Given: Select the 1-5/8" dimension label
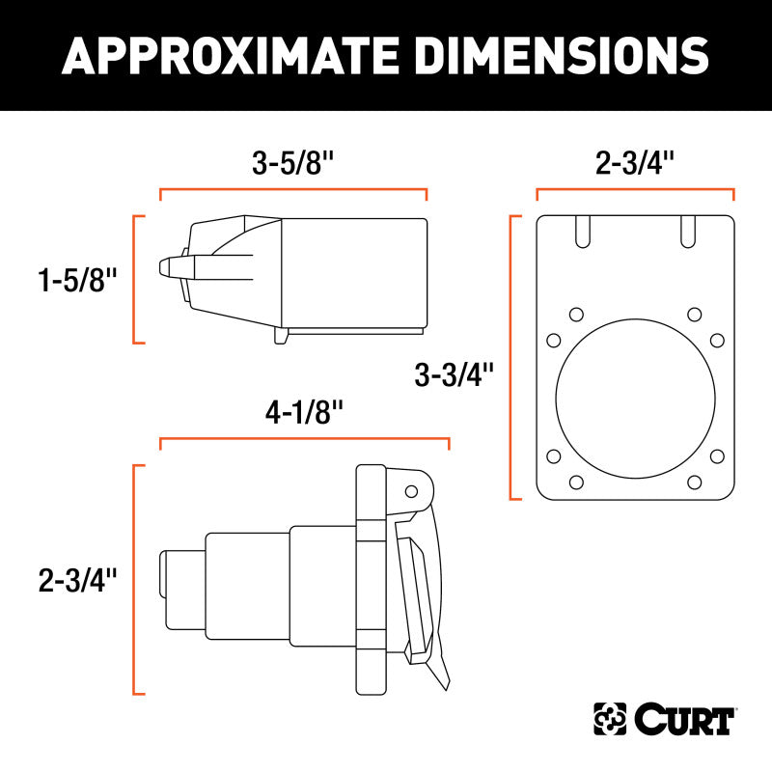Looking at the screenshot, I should click(77, 281).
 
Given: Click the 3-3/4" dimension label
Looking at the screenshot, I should click(454, 372).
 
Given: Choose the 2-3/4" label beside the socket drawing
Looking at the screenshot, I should click(77, 580).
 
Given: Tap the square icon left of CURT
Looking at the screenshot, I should click(610, 719).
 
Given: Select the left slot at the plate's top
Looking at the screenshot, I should click(582, 233).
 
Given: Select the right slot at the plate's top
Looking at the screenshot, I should click(688, 233).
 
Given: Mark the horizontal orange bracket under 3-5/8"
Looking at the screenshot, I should click(292, 191).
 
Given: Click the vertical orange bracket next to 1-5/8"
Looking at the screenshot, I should click(135, 280).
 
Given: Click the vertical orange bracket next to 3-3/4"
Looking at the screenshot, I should click(511, 358).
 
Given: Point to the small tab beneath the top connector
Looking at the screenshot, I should click(282, 336).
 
